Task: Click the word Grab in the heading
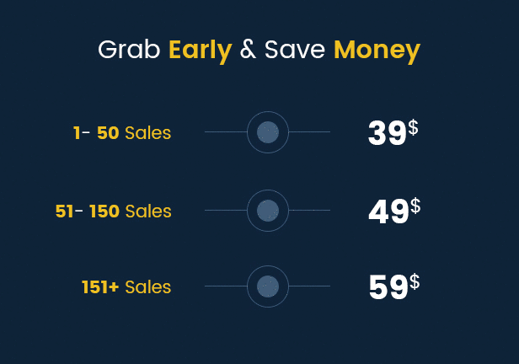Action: (x=129, y=50)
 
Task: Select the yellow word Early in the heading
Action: (x=201, y=51)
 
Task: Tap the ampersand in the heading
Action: (x=248, y=50)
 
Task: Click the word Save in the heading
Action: (x=295, y=50)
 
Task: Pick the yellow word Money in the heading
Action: (x=377, y=51)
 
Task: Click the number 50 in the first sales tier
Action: (x=108, y=133)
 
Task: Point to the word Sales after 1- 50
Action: (x=148, y=133)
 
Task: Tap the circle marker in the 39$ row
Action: (x=268, y=132)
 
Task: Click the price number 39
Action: (x=388, y=133)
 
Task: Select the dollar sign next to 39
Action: (x=413, y=127)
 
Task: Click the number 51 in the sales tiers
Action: (x=64, y=211)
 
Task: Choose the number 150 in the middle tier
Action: (x=104, y=211)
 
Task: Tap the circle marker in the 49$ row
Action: (x=268, y=211)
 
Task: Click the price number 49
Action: (x=388, y=211)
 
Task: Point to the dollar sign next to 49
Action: (x=415, y=206)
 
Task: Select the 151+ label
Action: (x=100, y=286)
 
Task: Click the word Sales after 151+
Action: (x=148, y=286)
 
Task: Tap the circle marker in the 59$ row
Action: (x=268, y=286)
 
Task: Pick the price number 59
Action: (x=388, y=287)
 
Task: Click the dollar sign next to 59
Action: (x=415, y=282)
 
